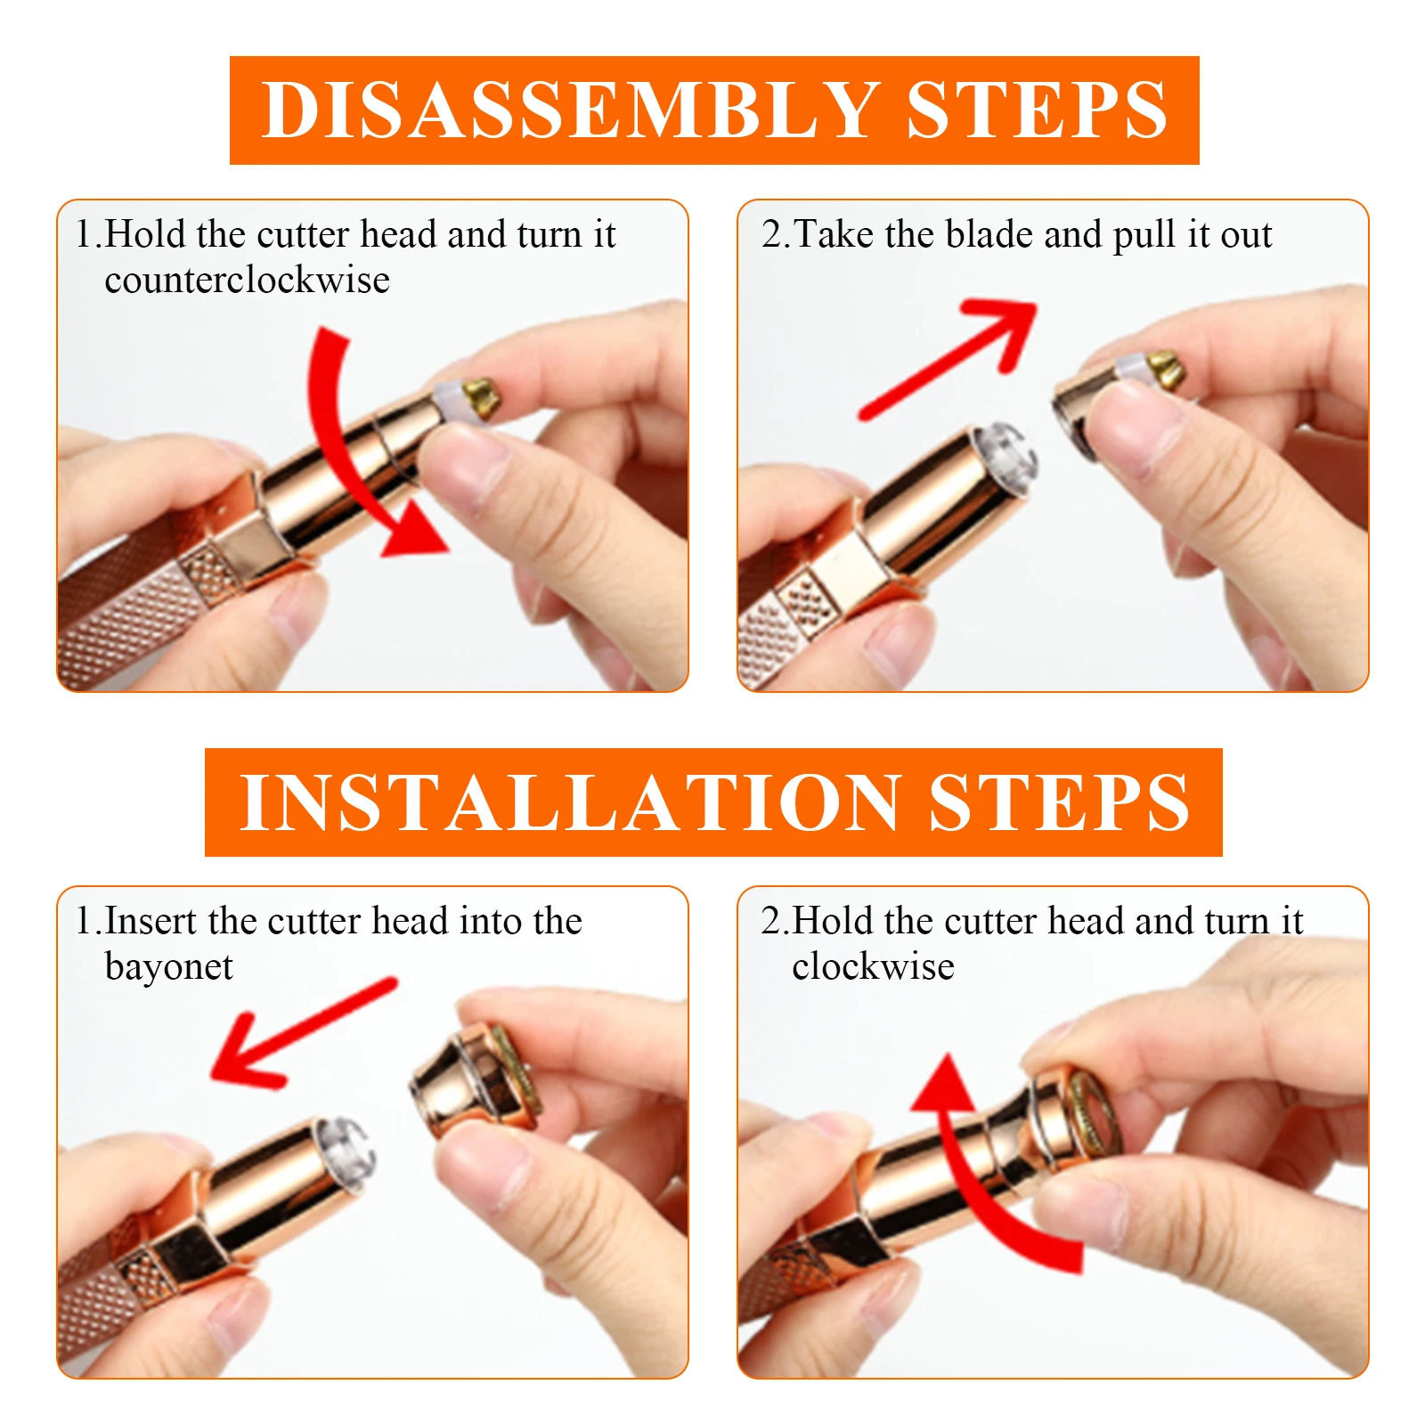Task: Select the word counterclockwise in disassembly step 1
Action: point(247,280)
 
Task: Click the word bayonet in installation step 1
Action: point(168,968)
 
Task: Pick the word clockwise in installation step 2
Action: point(873,966)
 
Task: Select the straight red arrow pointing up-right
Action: point(949,359)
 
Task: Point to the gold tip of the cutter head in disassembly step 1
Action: point(481,398)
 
